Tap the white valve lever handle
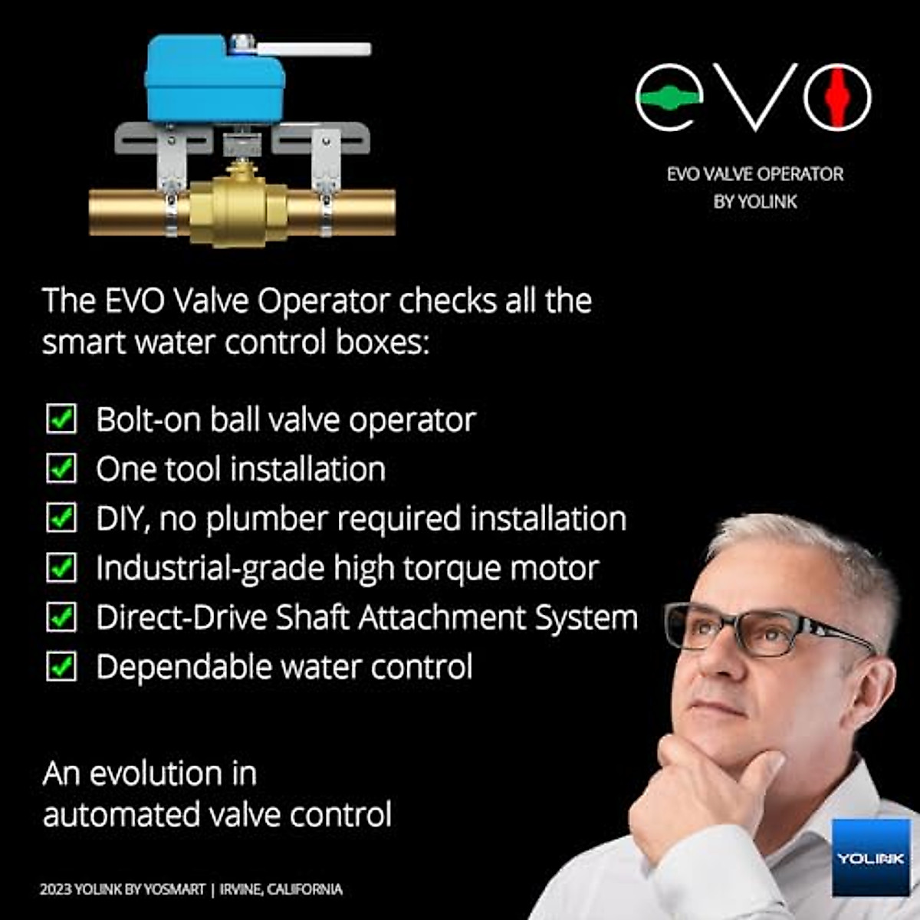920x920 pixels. point(314,49)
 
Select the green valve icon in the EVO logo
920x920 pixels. point(669,97)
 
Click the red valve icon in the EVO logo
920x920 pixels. point(837,97)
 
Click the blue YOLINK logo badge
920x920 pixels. point(871,856)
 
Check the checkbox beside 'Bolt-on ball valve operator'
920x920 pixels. point(61,419)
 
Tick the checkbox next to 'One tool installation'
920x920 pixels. point(61,468)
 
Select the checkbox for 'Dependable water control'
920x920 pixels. point(61,666)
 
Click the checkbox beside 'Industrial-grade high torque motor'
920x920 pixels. point(61,567)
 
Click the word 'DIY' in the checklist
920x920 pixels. point(121,519)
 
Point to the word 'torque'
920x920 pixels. point(451,569)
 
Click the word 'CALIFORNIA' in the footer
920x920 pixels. point(304,889)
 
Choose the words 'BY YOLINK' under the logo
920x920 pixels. point(755,202)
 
